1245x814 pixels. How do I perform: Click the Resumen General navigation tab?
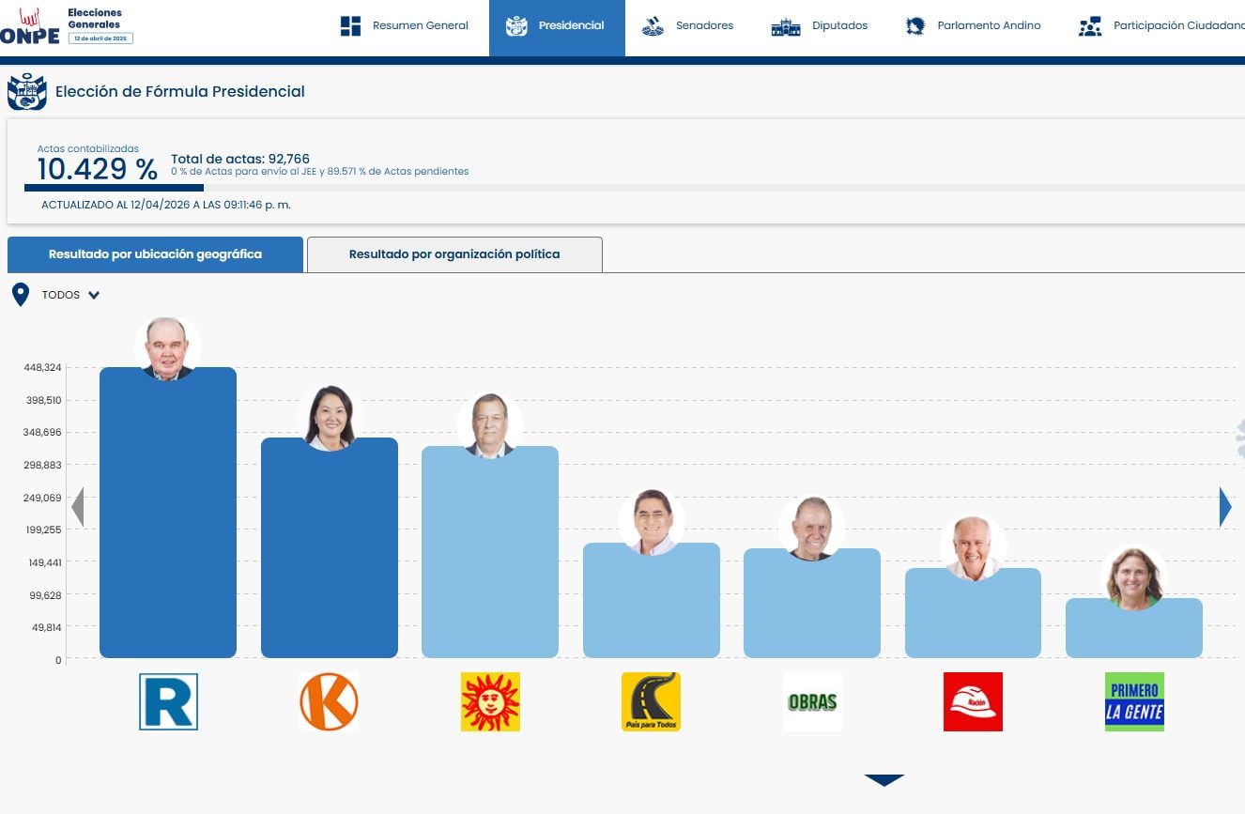click(404, 26)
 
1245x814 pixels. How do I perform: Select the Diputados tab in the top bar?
click(820, 26)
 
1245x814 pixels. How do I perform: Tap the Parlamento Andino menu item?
click(973, 26)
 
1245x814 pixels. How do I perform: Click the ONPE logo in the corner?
click(30, 29)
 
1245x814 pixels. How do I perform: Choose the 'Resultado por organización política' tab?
click(454, 254)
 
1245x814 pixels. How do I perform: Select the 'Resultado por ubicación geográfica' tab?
click(155, 254)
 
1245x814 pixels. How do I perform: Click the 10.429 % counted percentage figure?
click(97, 169)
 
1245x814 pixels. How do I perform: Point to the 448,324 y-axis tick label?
click(43, 367)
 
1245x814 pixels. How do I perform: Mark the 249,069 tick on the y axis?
click(43, 498)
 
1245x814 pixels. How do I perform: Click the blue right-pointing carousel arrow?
click(1224, 507)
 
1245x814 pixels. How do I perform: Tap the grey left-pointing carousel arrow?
click(78, 507)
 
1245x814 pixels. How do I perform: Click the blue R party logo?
click(168, 701)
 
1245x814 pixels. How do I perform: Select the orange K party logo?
click(329, 701)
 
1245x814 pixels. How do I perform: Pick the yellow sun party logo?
click(490, 701)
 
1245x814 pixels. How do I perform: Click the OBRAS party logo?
click(812, 701)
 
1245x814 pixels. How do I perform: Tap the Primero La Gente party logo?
click(1134, 701)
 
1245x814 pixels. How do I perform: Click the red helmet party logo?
click(973, 701)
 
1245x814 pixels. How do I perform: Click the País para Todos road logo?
click(651, 701)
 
